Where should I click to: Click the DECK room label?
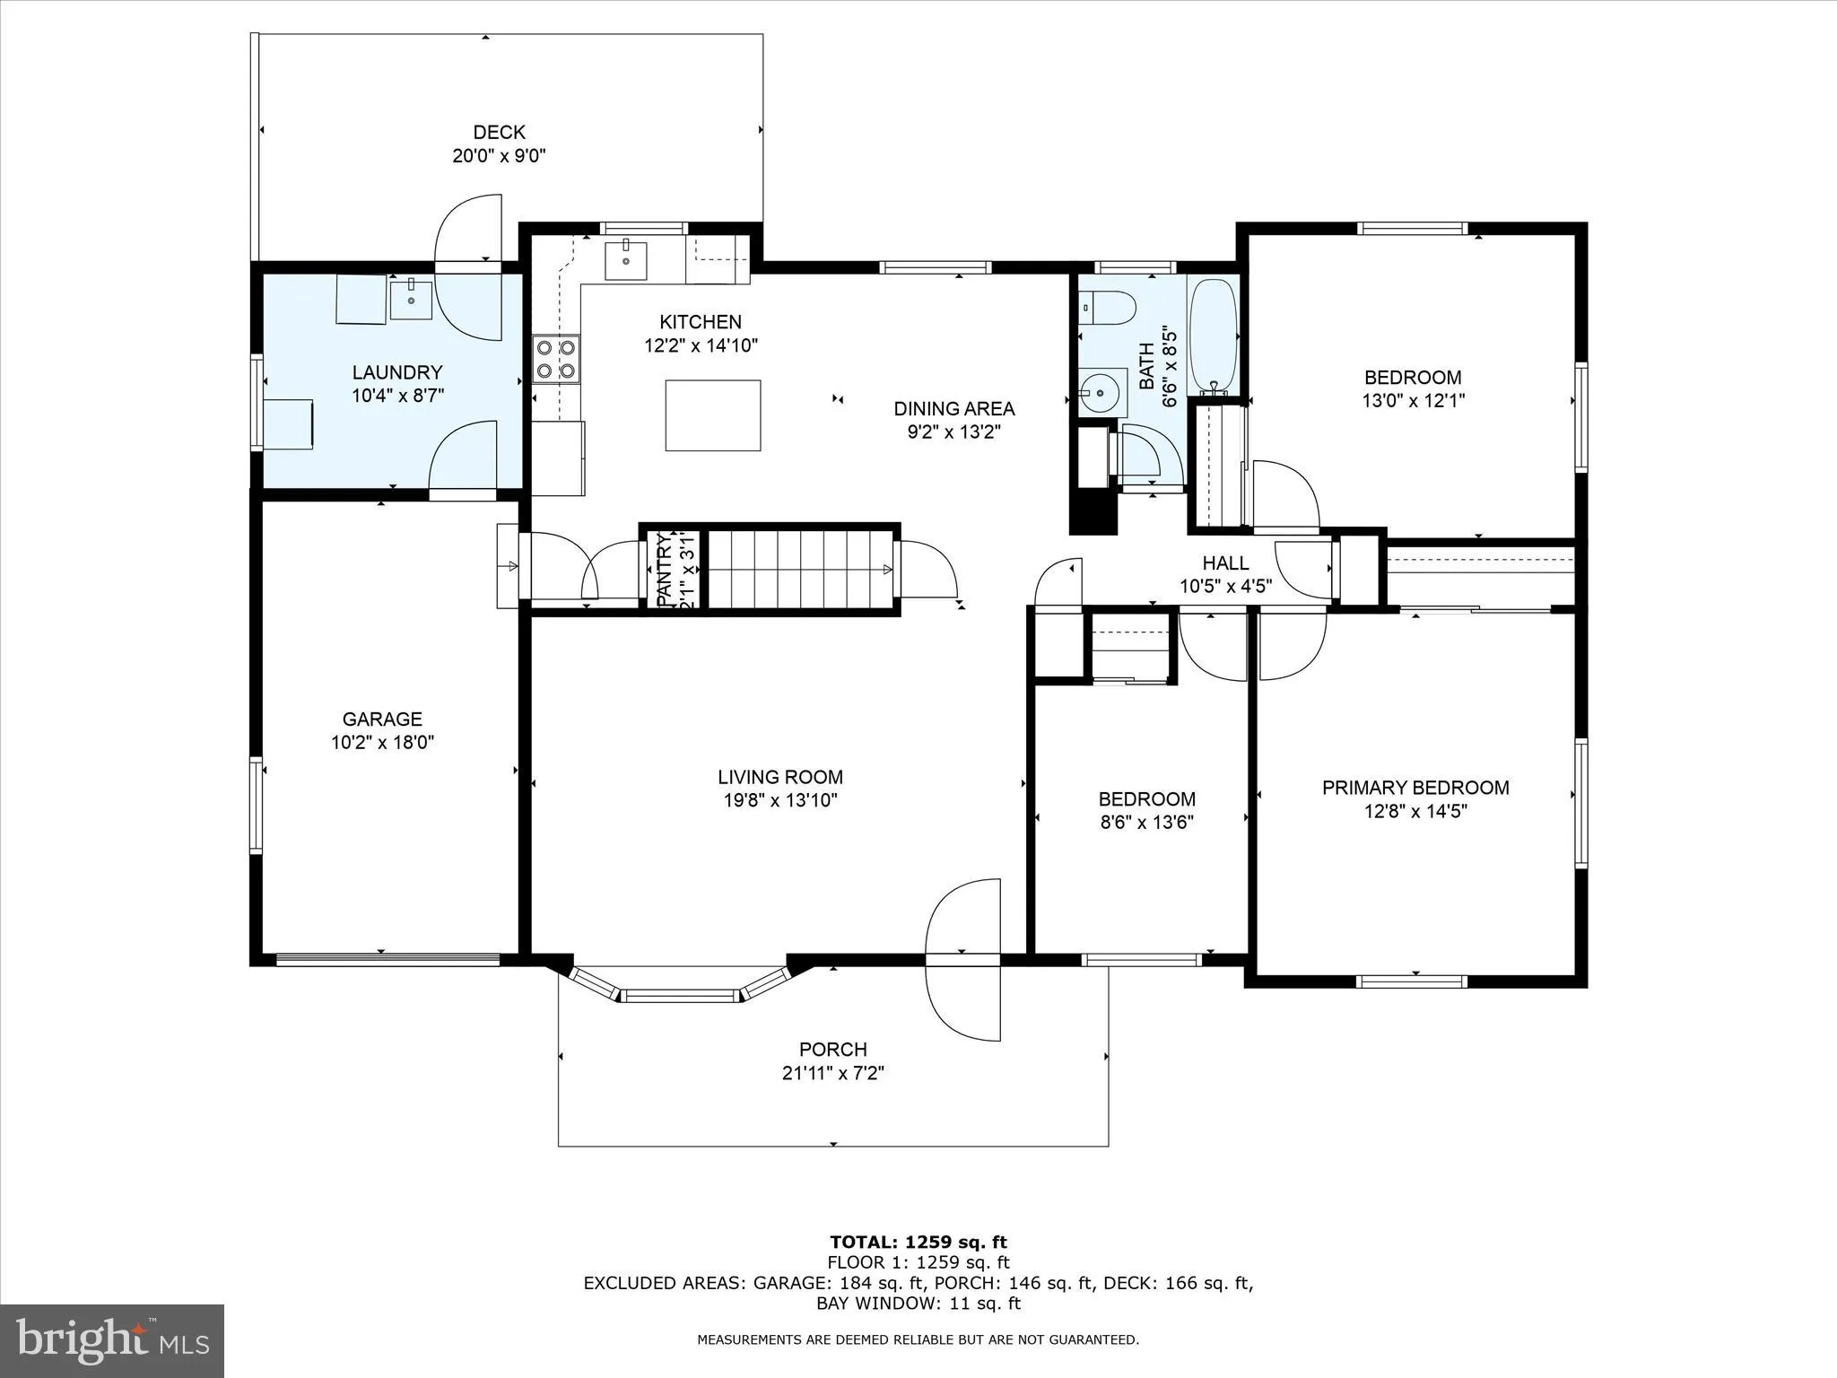499,133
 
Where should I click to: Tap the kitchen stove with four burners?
555,358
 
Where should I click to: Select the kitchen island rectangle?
713,414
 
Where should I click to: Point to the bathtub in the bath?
1214,336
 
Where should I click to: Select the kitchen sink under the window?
626,260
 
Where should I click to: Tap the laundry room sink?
411,299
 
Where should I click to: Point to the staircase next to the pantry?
800,569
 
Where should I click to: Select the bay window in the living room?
682,990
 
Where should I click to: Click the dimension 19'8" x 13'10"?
780,800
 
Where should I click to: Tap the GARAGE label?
382,719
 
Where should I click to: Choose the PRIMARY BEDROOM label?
1415,788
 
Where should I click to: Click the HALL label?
1225,563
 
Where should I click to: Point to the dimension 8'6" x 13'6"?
1146,822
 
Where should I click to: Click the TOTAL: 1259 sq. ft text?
918,1242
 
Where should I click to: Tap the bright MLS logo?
112,1340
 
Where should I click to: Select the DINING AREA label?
953,409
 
